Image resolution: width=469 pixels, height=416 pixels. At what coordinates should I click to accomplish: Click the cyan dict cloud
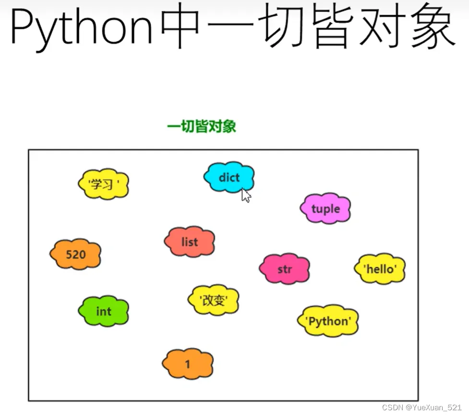pos(229,177)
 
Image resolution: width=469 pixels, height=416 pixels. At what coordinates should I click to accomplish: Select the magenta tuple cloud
pos(325,209)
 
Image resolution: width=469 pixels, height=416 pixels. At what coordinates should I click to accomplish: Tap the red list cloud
pos(190,242)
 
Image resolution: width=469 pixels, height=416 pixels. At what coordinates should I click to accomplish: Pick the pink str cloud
pos(285,269)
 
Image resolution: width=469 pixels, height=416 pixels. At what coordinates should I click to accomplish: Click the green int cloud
pos(104,311)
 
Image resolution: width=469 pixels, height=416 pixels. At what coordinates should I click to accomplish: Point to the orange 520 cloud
pos(76,254)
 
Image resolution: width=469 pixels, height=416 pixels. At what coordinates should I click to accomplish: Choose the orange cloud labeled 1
pos(188,364)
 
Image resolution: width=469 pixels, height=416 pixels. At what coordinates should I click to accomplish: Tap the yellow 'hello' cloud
pos(380,269)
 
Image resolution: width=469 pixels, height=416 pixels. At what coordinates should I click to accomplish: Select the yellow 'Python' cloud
pos(328,321)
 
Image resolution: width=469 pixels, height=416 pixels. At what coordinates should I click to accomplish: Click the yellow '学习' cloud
pos(104,184)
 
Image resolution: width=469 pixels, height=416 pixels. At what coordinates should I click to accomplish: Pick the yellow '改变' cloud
pos(213,300)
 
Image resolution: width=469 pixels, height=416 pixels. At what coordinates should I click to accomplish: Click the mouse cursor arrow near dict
pos(246,195)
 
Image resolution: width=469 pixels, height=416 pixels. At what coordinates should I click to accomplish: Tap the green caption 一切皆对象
pos(202,127)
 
